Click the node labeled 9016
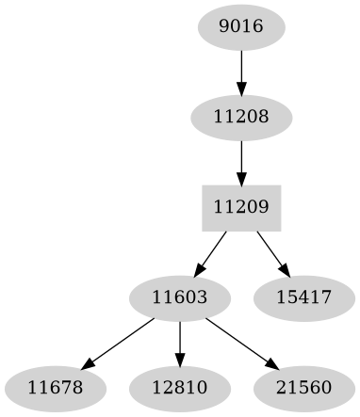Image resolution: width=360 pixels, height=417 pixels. pos(241,27)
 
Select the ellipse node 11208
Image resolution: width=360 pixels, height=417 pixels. pos(241,118)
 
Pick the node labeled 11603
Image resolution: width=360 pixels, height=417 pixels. pos(179,298)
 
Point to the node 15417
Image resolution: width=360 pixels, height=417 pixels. pos(304,298)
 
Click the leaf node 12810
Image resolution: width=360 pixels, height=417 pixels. pos(179,388)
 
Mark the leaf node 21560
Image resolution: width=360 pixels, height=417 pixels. pos(304,388)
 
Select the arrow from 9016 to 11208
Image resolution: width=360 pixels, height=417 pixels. pos(241,72)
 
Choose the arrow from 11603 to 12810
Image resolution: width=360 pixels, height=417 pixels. pos(179,343)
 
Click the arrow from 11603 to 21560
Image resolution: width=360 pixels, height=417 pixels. pos(241,343)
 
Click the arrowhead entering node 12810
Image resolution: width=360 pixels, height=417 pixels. pos(179,361)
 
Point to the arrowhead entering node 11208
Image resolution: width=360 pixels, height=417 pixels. pos(241,90)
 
